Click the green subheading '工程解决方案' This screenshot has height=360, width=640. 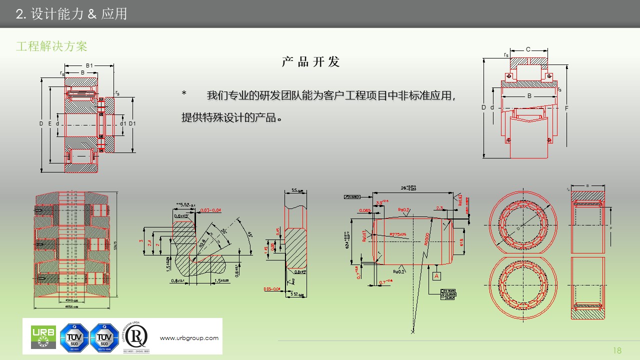(51, 46)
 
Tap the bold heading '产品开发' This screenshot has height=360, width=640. (310, 62)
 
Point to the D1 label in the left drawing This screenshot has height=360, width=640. (132, 123)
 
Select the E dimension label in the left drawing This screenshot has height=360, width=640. (49, 123)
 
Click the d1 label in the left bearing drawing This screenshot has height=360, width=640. (122, 123)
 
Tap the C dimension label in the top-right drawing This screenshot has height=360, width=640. (528, 49)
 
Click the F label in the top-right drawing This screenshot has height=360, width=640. (566, 107)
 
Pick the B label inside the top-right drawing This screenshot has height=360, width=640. (529, 96)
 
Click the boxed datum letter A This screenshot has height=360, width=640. (436, 276)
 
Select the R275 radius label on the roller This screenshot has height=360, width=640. (398, 234)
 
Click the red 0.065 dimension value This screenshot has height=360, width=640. (364, 210)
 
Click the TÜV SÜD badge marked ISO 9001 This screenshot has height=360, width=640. (74, 336)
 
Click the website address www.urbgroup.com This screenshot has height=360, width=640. (189, 338)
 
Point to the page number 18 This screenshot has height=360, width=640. (616, 350)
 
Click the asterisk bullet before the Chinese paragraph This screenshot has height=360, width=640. (184, 94)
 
